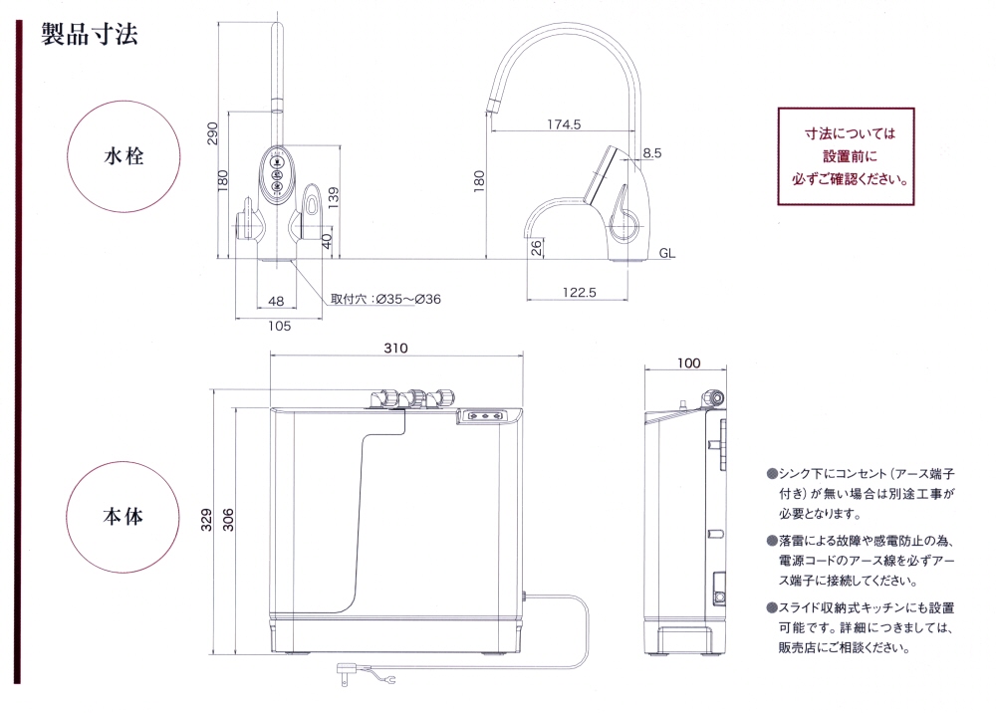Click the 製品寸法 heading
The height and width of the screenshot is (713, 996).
(x=90, y=34)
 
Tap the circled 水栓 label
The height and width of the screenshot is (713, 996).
(x=124, y=156)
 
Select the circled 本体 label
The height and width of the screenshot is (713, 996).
(x=124, y=516)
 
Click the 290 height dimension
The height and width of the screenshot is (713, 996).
(x=213, y=133)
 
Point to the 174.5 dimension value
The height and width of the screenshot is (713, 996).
(x=564, y=124)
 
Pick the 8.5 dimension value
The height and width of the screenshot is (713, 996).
(x=651, y=153)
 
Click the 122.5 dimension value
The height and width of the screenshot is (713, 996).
(x=580, y=293)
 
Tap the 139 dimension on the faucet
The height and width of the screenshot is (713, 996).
(x=334, y=198)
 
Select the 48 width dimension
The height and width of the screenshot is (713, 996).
(x=276, y=301)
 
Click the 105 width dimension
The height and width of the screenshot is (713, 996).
(x=280, y=326)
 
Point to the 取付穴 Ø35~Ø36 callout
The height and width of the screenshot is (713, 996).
(x=385, y=299)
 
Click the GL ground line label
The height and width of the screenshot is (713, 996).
(x=667, y=253)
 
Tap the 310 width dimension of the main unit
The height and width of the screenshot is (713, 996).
(x=395, y=348)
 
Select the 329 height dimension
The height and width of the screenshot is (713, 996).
(x=206, y=520)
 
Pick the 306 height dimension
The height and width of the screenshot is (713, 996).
(x=229, y=520)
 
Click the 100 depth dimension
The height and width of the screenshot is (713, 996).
(x=688, y=363)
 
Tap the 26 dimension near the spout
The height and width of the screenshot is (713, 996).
(x=537, y=248)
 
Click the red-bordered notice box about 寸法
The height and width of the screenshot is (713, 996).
(x=846, y=156)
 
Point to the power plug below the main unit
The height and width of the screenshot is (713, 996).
(x=346, y=672)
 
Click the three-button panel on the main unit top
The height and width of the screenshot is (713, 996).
(x=487, y=416)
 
